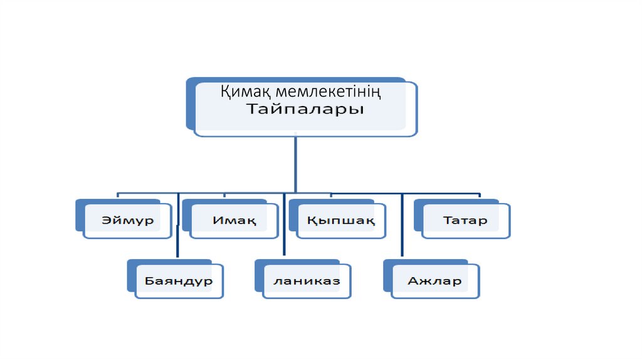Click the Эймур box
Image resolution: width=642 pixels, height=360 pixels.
pos(128,221)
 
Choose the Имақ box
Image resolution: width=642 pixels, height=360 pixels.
pos(234,221)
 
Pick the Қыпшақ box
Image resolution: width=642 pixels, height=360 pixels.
pos(341,221)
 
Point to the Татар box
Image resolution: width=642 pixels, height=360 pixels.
pos(465,221)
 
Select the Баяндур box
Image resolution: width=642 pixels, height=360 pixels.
pos(179,280)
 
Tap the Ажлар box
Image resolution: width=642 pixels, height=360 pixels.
pos(434,280)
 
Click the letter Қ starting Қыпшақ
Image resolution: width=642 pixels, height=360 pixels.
pos(312,221)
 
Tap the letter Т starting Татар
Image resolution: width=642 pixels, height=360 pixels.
pos(447,221)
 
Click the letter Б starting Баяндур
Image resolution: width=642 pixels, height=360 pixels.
pos(149,280)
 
